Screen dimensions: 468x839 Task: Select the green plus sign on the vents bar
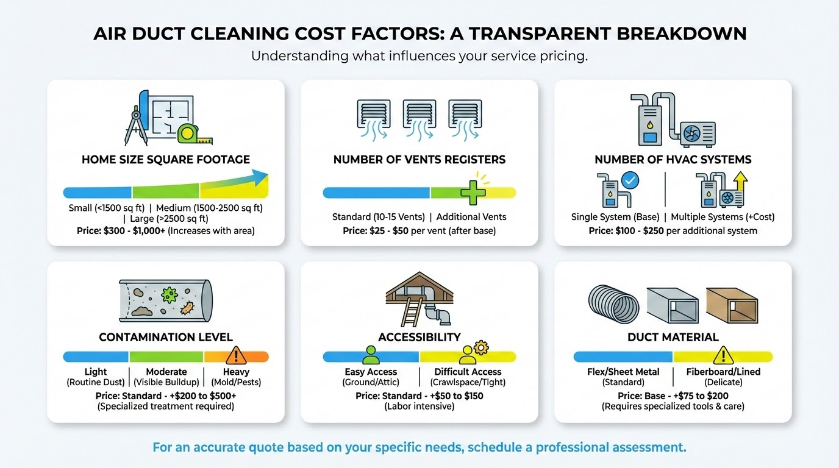tap(473, 192)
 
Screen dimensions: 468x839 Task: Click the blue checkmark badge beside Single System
tap(630, 181)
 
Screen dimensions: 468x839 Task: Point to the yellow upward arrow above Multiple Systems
tap(741, 182)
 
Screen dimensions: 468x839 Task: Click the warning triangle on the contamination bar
tap(235, 355)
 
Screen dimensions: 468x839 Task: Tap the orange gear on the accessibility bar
tap(481, 348)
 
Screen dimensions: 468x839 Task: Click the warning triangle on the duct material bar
tap(723, 355)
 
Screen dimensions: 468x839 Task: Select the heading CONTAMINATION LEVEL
tap(166, 337)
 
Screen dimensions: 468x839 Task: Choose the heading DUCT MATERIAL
tap(673, 337)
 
